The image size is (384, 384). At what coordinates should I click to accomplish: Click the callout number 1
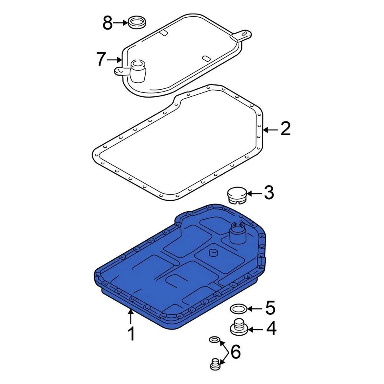[x=131, y=334]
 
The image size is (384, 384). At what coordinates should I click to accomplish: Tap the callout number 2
[x=285, y=129]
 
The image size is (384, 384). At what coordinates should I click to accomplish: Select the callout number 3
[x=268, y=193]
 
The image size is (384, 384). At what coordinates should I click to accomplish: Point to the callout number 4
[x=271, y=329]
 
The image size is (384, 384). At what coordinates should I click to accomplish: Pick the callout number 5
[x=270, y=308]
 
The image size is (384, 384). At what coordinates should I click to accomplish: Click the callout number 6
[x=236, y=352]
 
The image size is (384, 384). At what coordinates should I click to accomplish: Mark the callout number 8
[x=108, y=23]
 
